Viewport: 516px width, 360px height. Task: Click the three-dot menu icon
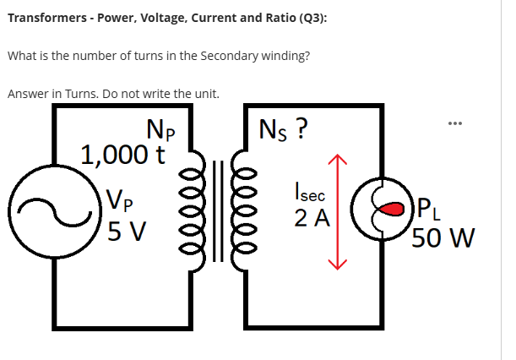pos(459,121)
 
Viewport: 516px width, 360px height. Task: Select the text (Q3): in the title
pos(309,16)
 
